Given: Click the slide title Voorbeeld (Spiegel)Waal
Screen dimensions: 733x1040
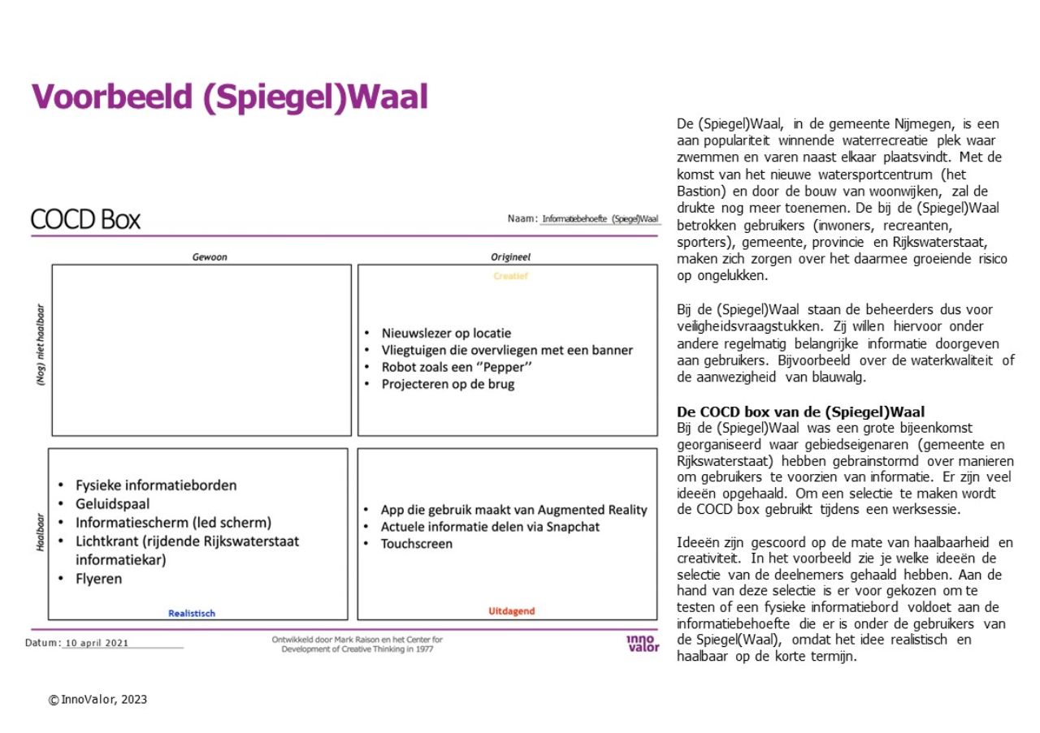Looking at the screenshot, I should (x=229, y=97).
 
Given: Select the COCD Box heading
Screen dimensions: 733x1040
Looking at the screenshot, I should (x=85, y=219).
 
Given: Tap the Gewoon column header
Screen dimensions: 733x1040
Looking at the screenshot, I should (x=210, y=257).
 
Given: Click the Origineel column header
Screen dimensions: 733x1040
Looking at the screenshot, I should (x=510, y=257).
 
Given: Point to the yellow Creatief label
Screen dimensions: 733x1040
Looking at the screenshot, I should (x=510, y=276).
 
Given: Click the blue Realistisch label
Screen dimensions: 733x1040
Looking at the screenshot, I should (x=192, y=614).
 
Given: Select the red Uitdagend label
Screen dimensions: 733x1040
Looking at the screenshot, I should (x=512, y=611).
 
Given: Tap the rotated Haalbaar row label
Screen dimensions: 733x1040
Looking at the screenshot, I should (x=39, y=532).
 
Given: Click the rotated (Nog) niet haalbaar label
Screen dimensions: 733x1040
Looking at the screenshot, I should (x=39, y=345).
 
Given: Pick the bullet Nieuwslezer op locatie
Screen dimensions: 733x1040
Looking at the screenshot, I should (x=446, y=334).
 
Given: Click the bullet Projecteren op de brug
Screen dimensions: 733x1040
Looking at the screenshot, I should (x=448, y=384).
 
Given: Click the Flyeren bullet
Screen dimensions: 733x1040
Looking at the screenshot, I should (x=98, y=579).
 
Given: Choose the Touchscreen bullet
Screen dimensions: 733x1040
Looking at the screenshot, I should (x=417, y=544).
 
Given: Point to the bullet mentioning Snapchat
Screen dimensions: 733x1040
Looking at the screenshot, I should (x=490, y=527).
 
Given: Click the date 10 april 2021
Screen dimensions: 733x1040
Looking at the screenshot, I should (x=97, y=643).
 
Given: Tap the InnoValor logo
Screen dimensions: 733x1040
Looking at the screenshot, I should (x=643, y=643).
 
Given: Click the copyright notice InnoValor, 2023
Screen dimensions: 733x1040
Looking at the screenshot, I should (x=98, y=699).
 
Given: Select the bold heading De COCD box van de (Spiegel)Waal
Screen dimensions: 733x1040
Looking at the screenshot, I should (x=800, y=412).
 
